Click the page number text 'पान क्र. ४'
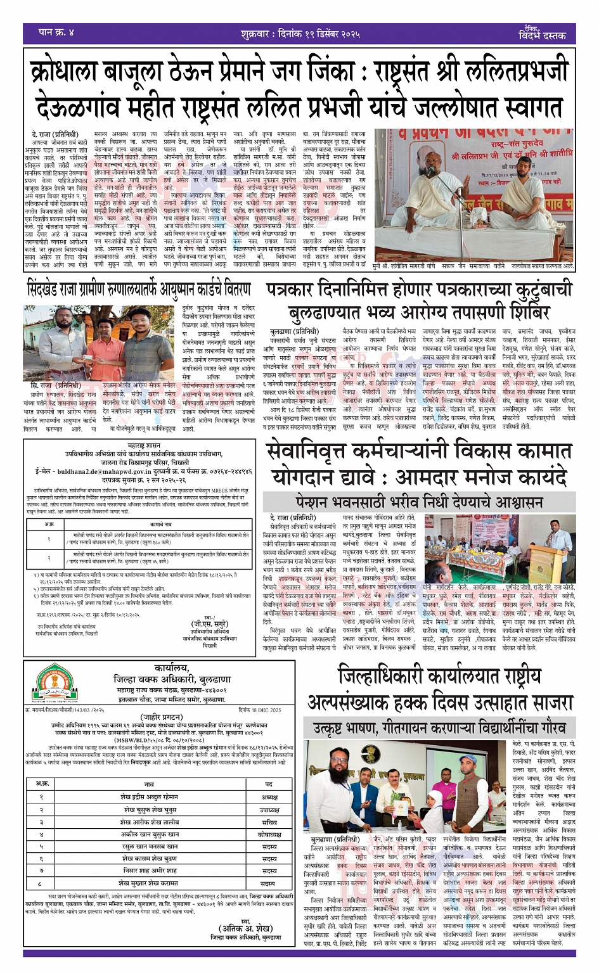tap(56, 32)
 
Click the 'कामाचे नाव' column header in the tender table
tap(160, 524)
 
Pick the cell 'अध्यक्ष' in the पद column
tap(270, 796)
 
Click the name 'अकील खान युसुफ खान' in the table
tap(150, 835)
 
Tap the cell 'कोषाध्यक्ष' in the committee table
tap(270, 835)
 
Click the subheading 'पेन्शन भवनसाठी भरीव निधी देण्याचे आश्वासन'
tap(419, 502)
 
